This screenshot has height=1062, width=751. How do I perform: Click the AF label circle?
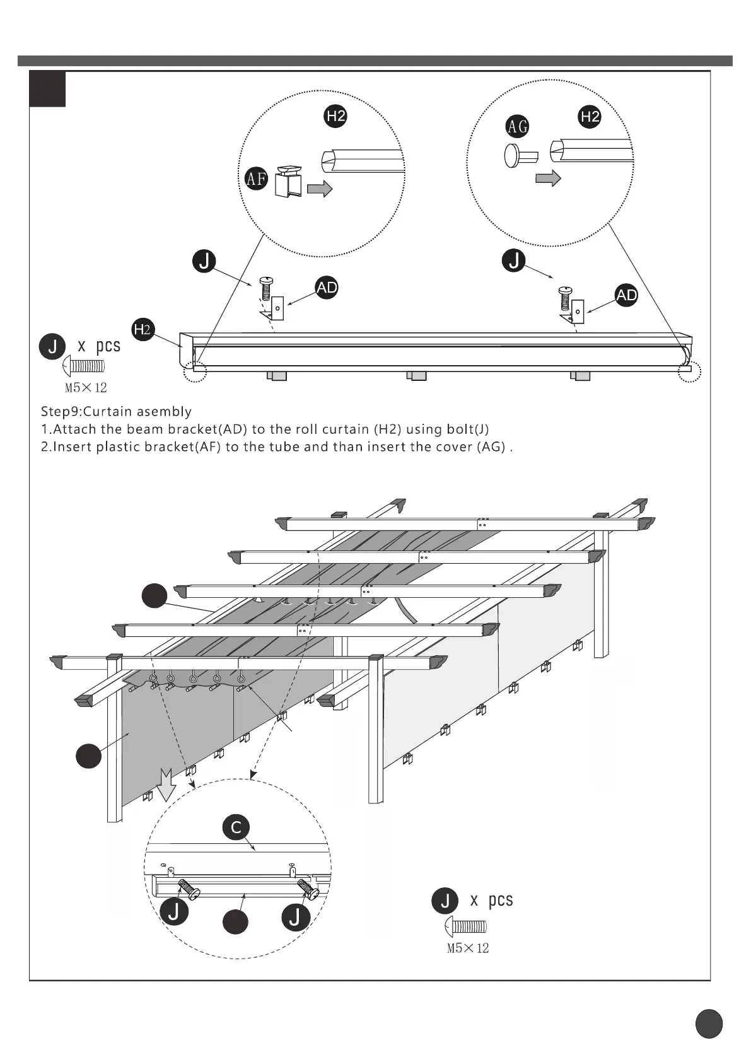pyautogui.click(x=256, y=179)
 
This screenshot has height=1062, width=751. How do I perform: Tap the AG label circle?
pyautogui.click(x=518, y=126)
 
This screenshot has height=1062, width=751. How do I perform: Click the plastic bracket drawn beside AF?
pyautogui.click(x=288, y=182)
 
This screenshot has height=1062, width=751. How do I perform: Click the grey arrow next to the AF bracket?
pyautogui.click(x=320, y=189)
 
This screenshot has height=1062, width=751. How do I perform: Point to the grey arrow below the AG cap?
pyautogui.click(x=548, y=178)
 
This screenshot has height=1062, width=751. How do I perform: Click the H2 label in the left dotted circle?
pyautogui.click(x=336, y=116)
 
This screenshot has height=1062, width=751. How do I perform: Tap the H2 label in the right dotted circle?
pyautogui.click(x=590, y=117)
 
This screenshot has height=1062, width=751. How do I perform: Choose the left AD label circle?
pyautogui.click(x=327, y=288)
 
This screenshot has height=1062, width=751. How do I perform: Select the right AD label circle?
pyautogui.click(x=626, y=295)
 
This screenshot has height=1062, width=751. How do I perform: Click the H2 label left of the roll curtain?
pyautogui.click(x=143, y=329)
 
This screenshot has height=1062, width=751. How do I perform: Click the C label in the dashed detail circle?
pyautogui.click(x=236, y=827)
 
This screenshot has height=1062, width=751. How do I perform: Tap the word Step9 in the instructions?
pyautogui.click(x=61, y=412)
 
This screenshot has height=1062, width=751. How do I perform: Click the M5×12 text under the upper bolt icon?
pyautogui.click(x=86, y=388)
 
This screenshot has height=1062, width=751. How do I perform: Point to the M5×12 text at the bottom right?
pyautogui.click(x=468, y=948)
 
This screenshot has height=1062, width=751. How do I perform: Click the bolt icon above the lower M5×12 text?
pyautogui.click(x=466, y=926)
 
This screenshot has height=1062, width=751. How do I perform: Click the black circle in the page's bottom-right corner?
pyautogui.click(x=709, y=1023)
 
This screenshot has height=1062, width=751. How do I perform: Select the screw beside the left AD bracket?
pyautogui.click(x=267, y=289)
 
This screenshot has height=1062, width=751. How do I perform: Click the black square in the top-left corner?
pyautogui.click(x=47, y=89)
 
